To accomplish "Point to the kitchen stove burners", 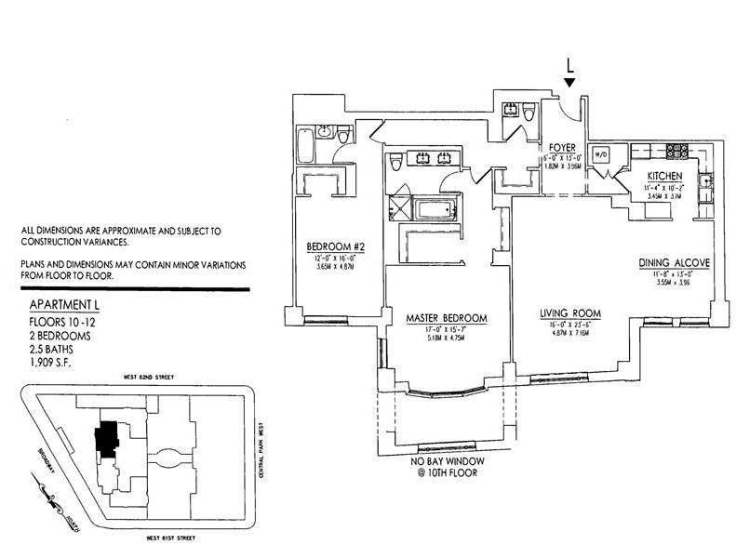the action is [x=674, y=150].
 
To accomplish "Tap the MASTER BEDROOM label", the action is [x=447, y=319].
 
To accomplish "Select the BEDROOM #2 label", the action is [x=334, y=247].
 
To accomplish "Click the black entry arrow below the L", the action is [x=569, y=84].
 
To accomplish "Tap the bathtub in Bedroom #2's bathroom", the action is [x=306, y=146].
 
